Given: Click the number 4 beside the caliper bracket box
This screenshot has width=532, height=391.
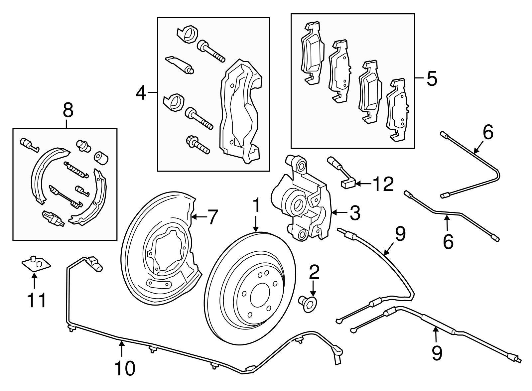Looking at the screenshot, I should point(141,93).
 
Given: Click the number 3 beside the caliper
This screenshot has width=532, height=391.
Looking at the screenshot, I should point(355,213).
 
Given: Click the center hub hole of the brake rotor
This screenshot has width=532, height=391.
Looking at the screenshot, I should point(259,296).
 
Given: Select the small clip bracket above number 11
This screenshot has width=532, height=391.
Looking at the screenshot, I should point(36,264).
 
